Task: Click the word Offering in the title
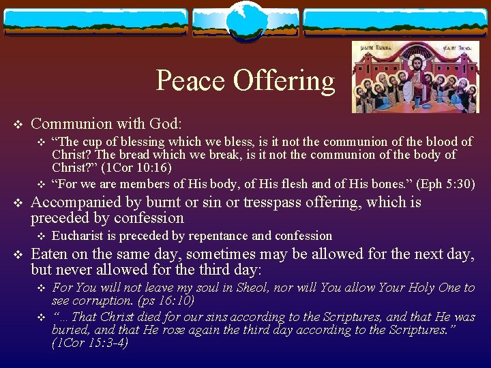[284, 81]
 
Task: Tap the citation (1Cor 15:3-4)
[89, 343]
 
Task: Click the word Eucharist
[76, 236]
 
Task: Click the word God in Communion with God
[164, 124]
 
